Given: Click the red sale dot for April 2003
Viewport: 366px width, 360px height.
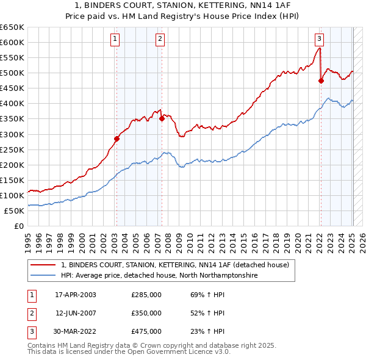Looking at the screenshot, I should tap(117, 139).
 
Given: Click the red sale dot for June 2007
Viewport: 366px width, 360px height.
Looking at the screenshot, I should tap(162, 119).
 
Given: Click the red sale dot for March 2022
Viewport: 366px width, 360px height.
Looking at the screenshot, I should tap(321, 80).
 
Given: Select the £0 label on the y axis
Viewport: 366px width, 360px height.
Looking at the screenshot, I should tap(18, 226).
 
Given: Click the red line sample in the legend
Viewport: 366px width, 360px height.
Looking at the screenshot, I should tap(43, 265).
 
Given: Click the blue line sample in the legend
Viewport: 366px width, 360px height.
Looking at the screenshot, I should tap(43, 276).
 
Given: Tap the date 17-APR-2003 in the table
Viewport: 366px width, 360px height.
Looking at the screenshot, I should tap(76, 295).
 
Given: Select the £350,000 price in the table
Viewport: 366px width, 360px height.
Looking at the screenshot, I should tap(146, 313).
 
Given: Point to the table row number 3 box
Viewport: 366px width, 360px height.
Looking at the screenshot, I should tap(30, 331).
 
